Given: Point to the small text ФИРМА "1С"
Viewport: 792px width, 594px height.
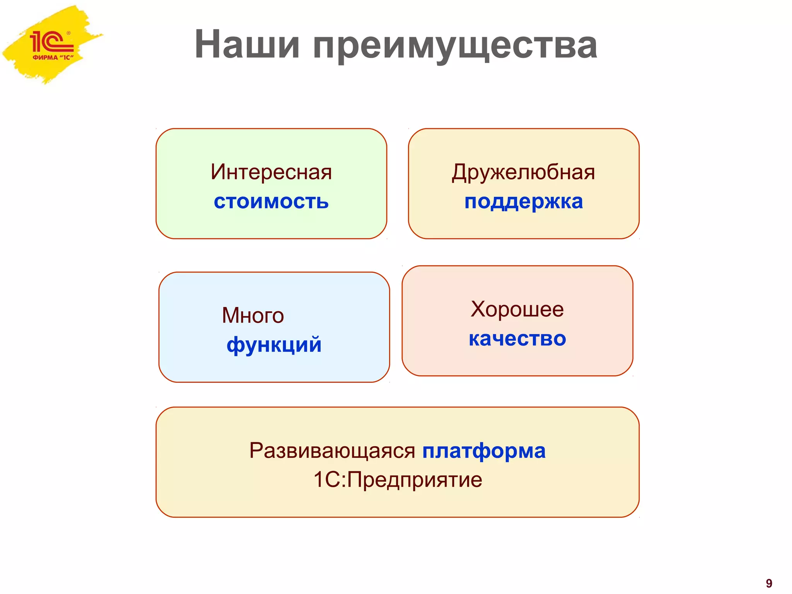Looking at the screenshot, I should [x=53, y=58].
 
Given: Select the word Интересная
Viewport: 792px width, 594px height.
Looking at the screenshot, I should [x=271, y=172].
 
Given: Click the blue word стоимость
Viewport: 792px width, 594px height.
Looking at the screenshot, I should [x=271, y=201].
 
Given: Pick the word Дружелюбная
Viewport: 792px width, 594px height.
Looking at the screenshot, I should [x=523, y=172].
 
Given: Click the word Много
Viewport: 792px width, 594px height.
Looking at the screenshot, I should [x=253, y=315].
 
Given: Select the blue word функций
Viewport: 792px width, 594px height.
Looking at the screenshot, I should [x=274, y=345].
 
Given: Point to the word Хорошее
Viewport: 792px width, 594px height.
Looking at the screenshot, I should [x=517, y=309].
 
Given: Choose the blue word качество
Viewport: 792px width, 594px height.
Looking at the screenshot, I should [x=517, y=339].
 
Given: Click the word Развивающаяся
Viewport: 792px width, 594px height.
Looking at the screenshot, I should [x=332, y=451].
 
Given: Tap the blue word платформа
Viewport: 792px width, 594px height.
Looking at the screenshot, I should [x=484, y=451].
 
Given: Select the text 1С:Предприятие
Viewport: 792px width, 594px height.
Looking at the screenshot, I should [x=398, y=480].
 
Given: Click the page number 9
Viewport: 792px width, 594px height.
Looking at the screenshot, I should [x=769, y=583].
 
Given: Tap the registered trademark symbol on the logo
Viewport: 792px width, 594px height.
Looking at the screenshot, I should [x=68, y=33].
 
